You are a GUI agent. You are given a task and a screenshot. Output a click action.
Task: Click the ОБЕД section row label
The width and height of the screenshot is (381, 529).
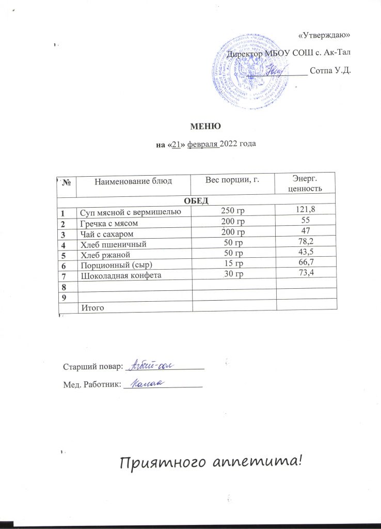click(x=196, y=200)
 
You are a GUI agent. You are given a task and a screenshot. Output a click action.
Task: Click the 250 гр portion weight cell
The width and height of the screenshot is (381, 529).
click(x=232, y=210)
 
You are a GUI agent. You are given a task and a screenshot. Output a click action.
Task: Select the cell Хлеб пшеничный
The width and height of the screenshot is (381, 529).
click(x=112, y=243)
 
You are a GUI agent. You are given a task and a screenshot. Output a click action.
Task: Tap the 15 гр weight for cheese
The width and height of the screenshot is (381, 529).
click(x=233, y=263)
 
